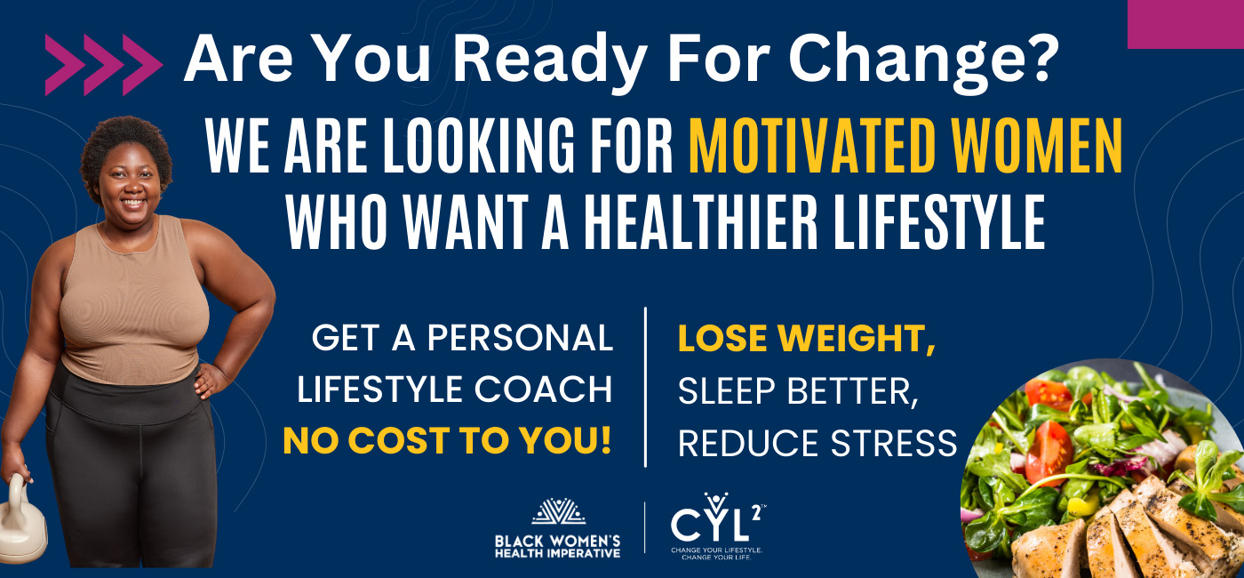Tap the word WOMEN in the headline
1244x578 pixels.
(x=1037, y=145)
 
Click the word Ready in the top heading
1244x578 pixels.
(x=550, y=60)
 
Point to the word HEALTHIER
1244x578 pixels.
(x=701, y=221)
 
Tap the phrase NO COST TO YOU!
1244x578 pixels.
(x=448, y=441)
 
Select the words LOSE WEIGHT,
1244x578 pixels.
(x=807, y=338)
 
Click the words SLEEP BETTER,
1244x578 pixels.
(x=798, y=391)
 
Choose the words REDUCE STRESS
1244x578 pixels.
(x=817, y=443)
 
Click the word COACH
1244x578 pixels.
(x=543, y=389)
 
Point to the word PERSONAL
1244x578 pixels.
(x=520, y=337)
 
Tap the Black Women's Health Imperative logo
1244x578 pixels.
(x=558, y=528)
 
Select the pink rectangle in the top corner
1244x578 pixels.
(x=1185, y=24)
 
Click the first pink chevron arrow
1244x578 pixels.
(x=64, y=64)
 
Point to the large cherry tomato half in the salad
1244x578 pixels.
(x=1049, y=453)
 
